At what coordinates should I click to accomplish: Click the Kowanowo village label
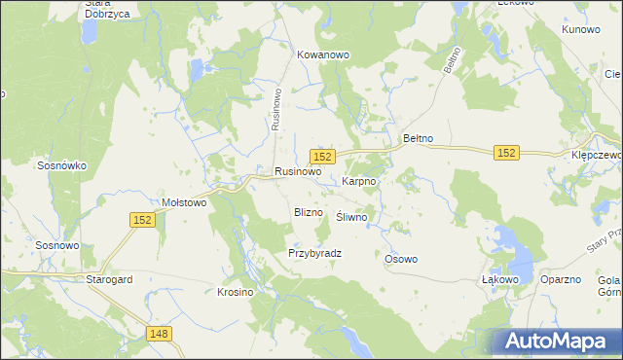click(x=323, y=55)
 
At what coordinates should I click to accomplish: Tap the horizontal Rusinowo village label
click(x=298, y=171)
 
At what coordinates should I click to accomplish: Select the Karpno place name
click(x=359, y=181)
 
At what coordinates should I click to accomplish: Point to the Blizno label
click(x=308, y=211)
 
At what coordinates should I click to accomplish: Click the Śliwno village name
click(x=351, y=218)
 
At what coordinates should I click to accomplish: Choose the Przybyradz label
click(x=314, y=253)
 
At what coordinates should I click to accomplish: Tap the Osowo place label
click(x=401, y=259)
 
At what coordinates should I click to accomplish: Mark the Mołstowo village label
click(x=184, y=203)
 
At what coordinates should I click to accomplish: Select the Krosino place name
click(x=235, y=292)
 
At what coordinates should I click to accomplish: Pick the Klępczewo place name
click(x=596, y=155)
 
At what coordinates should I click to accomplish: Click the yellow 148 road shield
click(x=161, y=334)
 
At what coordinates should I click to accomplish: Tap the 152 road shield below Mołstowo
click(x=142, y=221)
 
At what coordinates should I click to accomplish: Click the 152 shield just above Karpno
click(x=323, y=157)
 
